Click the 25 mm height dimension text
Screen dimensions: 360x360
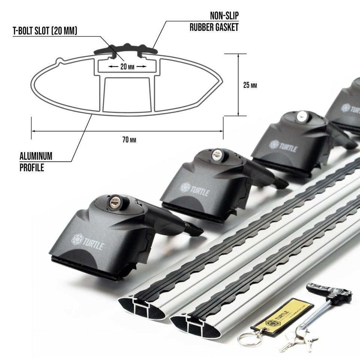point(250,85)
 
